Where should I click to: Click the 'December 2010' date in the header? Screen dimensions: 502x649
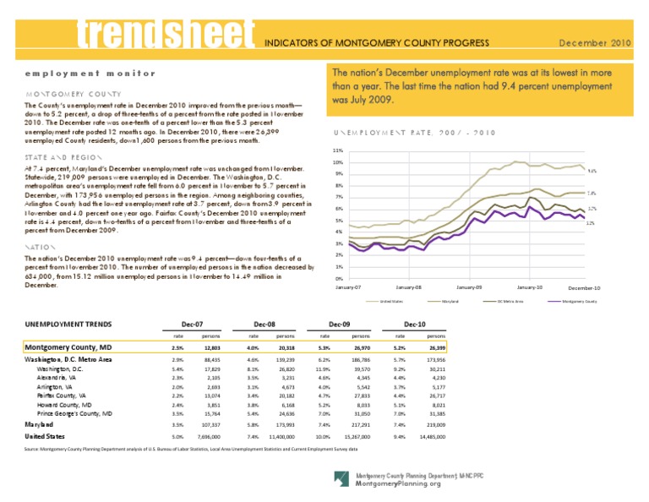tap(597, 41)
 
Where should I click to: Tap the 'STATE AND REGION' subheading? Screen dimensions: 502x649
tap(58, 157)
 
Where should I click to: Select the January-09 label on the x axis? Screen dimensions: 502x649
tap(467, 287)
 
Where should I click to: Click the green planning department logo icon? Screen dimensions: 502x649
tap(340, 477)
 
